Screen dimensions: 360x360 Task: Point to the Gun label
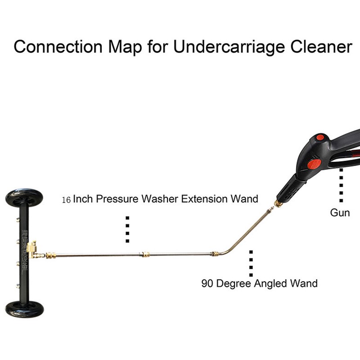pos(340,212)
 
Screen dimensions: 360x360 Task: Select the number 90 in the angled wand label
pos(207,283)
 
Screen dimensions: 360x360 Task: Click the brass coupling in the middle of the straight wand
pos(144,254)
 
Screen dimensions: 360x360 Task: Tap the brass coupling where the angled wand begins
pos(215,254)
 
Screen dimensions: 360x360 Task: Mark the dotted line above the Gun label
pos(342,184)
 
